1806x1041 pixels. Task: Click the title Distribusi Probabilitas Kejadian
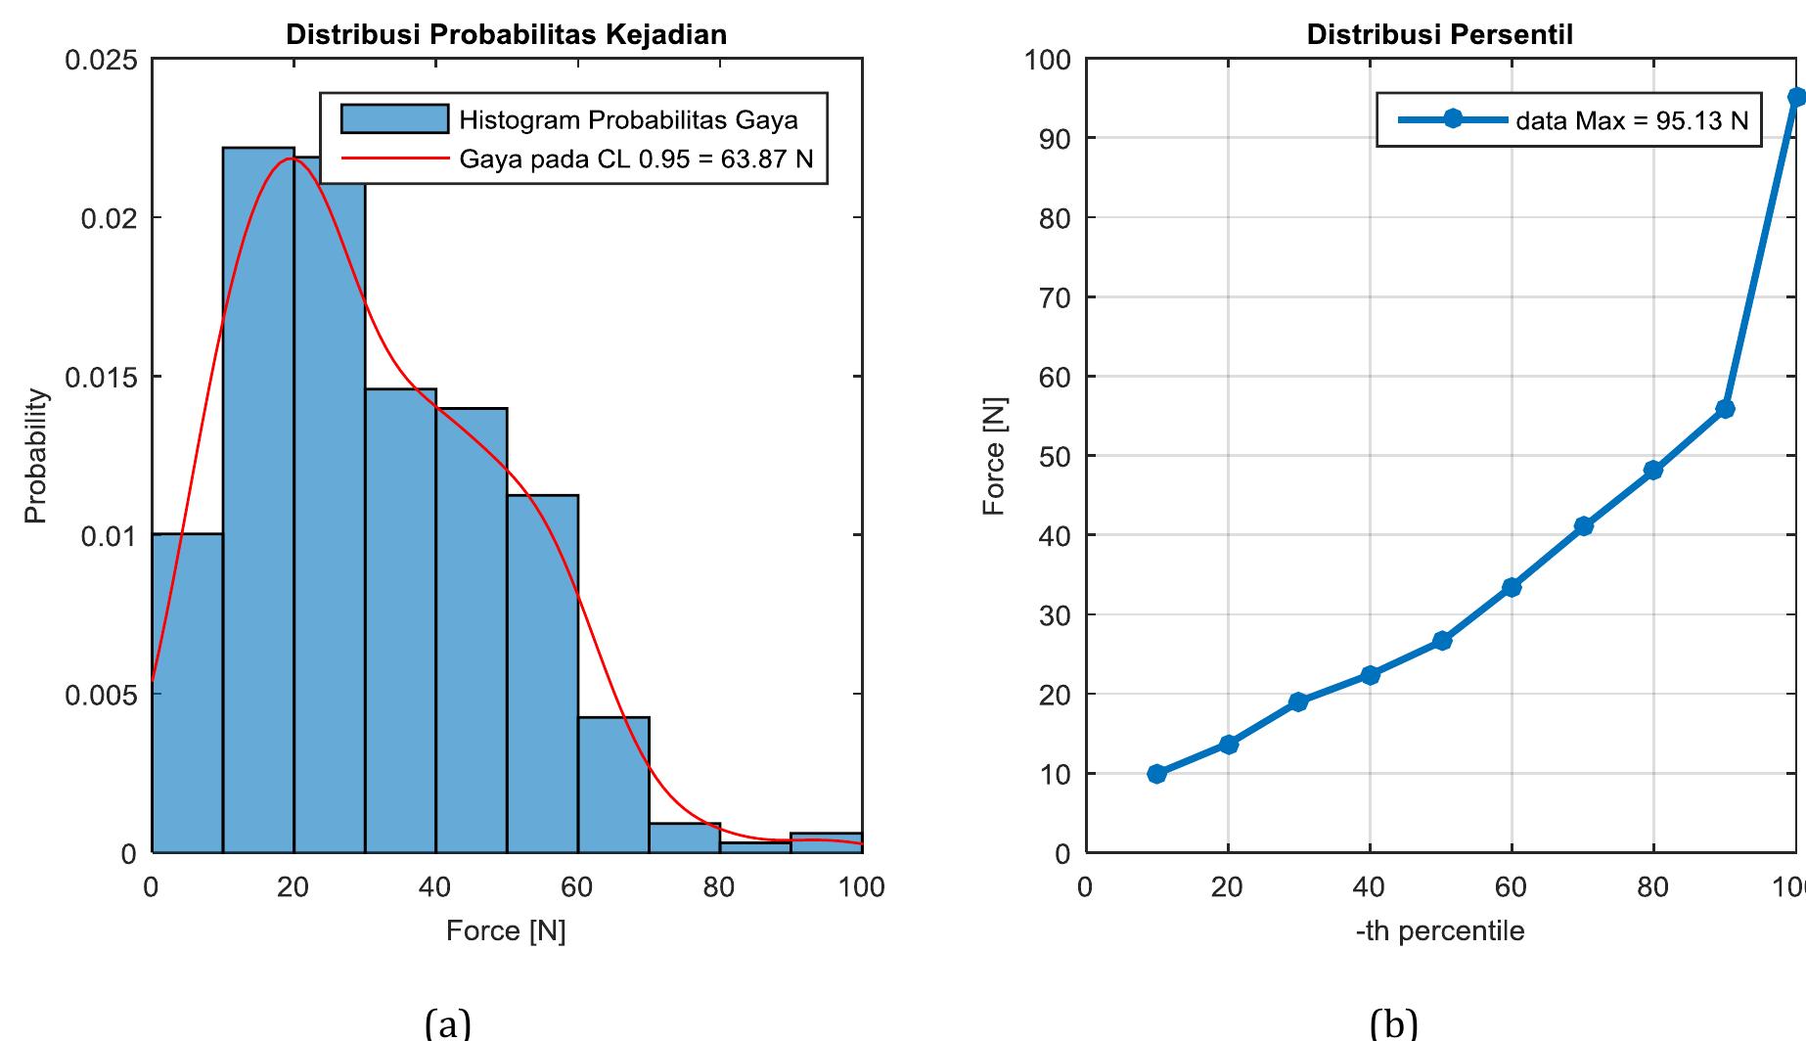tap(506, 35)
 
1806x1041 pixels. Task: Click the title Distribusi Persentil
tap(1440, 35)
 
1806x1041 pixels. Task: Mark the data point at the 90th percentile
tap(1725, 409)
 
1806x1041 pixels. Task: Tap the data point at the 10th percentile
tap(1156, 774)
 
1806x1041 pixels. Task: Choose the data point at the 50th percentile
tap(1441, 641)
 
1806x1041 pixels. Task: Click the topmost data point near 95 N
tap(1796, 97)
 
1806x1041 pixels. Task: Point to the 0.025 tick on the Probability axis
tap(101, 61)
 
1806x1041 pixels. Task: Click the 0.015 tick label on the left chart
tap(101, 378)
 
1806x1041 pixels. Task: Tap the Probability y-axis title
tap(35, 456)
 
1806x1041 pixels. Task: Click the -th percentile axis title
tap(1440, 930)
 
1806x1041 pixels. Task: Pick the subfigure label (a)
tap(448, 1022)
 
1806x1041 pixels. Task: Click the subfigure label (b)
tap(1393, 1022)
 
